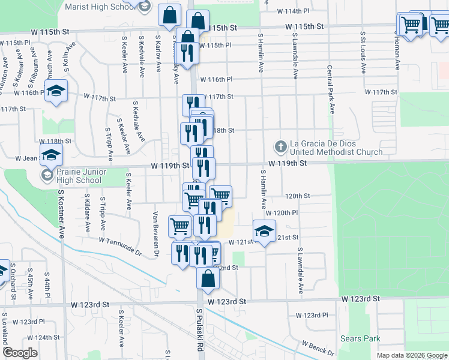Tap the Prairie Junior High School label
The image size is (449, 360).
[x=79, y=175]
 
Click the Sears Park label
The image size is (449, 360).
[x=360, y=339]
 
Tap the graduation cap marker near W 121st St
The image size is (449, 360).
[x=264, y=231]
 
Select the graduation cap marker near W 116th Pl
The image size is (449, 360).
[x=56, y=91]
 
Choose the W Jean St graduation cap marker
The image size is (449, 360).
[x=52, y=155]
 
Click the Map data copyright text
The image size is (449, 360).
[x=412, y=355]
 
